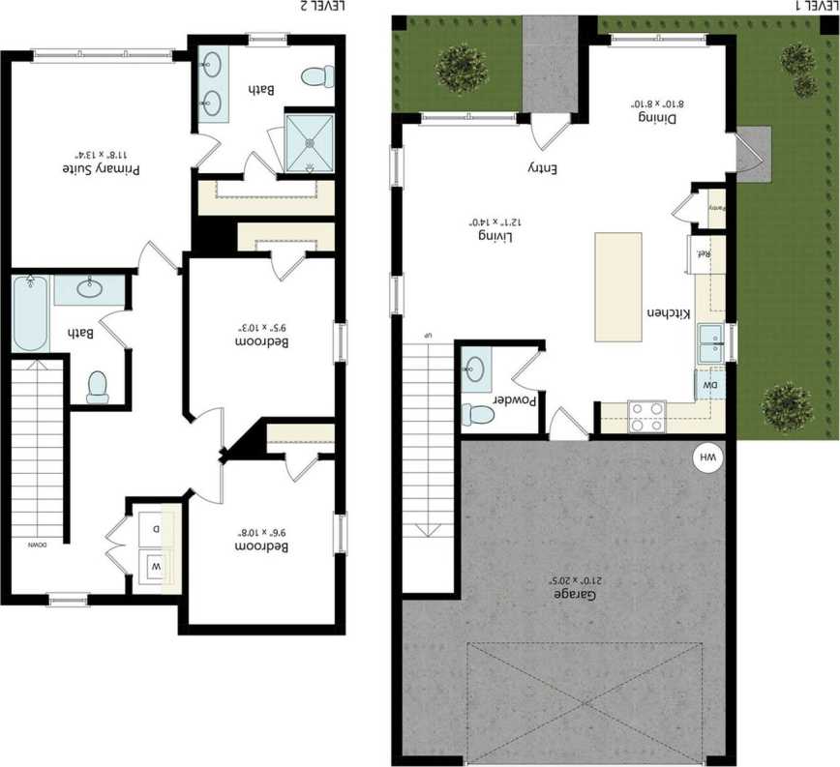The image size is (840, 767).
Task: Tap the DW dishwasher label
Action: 709,385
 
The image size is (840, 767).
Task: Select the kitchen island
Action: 617,286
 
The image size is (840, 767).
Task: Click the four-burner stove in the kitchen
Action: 646,416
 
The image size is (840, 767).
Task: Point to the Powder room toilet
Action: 478,414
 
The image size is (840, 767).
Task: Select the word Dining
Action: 655,117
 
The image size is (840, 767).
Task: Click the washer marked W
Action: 155,564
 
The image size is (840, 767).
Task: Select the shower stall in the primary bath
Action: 310,141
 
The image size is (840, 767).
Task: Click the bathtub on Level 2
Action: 30,314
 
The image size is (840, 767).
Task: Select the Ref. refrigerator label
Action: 705,254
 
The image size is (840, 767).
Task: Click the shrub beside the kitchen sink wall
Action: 787,407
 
